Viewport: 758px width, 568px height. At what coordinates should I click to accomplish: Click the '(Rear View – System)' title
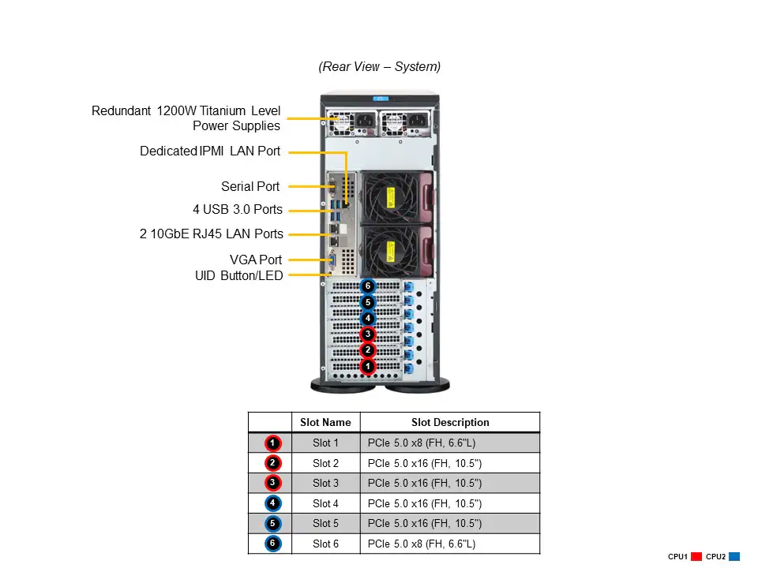[x=379, y=67]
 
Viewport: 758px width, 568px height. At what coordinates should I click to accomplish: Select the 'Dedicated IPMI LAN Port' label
[x=210, y=151]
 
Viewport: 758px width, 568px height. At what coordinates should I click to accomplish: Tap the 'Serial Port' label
[x=250, y=187]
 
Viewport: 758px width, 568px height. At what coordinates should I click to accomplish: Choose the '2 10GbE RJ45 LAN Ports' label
[x=212, y=234]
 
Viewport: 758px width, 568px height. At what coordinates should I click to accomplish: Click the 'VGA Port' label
[x=256, y=260]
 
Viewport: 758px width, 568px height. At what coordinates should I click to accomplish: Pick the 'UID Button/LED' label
[x=238, y=275]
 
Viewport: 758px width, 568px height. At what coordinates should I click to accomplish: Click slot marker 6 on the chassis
[x=367, y=286]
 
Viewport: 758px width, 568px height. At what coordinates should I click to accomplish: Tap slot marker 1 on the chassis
[x=367, y=366]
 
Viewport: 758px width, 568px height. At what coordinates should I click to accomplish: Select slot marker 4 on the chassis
[x=367, y=318]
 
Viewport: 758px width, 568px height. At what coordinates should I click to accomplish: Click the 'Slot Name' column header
[x=325, y=422]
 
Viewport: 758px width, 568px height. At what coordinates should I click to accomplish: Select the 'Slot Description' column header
[x=450, y=422]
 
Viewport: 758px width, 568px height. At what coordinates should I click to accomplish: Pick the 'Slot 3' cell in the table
[x=325, y=483]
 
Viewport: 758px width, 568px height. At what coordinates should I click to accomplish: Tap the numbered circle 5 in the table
[x=272, y=523]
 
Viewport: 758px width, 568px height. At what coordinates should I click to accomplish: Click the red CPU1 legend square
[x=696, y=557]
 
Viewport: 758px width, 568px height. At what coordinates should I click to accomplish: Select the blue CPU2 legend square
[x=734, y=557]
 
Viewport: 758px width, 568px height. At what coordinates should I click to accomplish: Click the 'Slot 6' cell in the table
[x=325, y=544]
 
